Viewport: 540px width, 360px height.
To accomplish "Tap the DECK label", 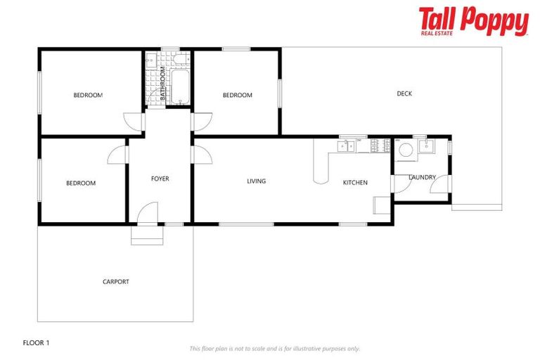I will tap(404, 94).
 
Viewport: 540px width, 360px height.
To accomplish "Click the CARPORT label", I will tap(116, 282).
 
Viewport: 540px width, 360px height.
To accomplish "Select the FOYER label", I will tap(160, 179).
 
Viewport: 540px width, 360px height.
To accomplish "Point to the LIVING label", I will tap(257, 181).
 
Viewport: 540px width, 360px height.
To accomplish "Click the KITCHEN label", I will tap(355, 183).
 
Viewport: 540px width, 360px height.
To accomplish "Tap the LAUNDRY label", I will tap(422, 177).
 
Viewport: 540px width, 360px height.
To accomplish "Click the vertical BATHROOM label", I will tap(162, 83).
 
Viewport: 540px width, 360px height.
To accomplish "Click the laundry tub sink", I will tap(425, 147).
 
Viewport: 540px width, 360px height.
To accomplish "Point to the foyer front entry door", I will tap(148, 214).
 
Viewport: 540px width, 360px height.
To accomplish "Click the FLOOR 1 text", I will tap(37, 343).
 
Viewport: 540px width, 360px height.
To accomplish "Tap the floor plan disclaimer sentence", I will tap(274, 348).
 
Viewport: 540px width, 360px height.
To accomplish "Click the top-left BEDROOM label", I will tap(88, 95).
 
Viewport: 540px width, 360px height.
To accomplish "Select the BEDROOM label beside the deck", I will tap(237, 95).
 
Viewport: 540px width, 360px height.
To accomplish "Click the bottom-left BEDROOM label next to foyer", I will tap(81, 184).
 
